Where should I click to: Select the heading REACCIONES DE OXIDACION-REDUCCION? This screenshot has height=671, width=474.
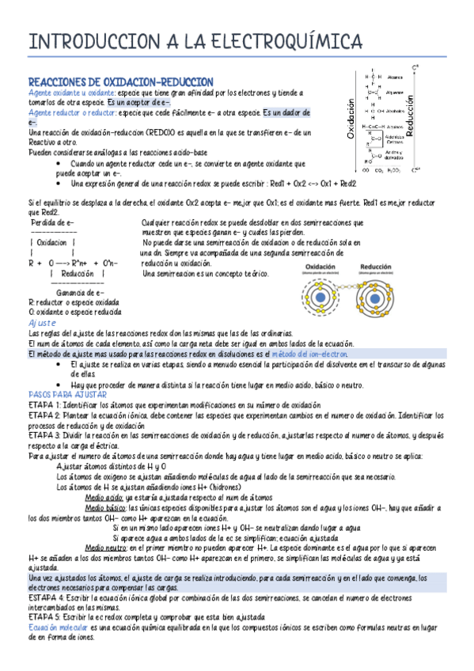click(120, 82)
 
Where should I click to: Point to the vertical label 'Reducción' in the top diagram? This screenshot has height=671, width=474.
click(409, 115)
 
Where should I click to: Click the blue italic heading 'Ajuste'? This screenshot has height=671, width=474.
click(42, 324)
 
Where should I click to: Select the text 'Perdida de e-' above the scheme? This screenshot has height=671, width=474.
click(52, 223)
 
